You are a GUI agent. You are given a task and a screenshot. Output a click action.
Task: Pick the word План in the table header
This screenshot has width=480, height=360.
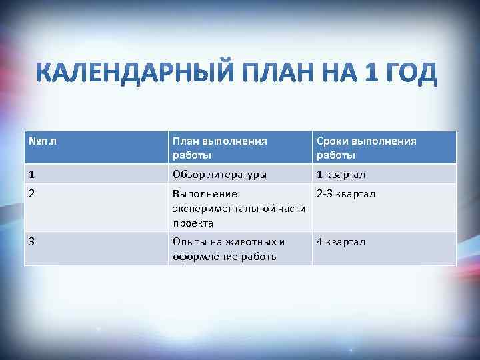(x=186, y=141)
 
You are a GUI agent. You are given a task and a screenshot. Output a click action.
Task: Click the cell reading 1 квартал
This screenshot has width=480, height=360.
(x=341, y=175)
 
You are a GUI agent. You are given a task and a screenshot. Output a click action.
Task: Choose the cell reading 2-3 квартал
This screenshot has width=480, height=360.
(x=346, y=194)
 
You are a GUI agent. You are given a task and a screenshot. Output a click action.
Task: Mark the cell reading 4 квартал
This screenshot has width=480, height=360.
(x=341, y=242)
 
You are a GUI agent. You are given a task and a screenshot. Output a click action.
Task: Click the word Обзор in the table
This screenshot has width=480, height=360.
(x=187, y=175)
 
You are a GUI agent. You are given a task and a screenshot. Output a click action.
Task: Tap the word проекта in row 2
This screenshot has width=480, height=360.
(x=193, y=223)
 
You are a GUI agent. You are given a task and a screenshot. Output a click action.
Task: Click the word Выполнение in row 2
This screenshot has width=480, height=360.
(x=205, y=194)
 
